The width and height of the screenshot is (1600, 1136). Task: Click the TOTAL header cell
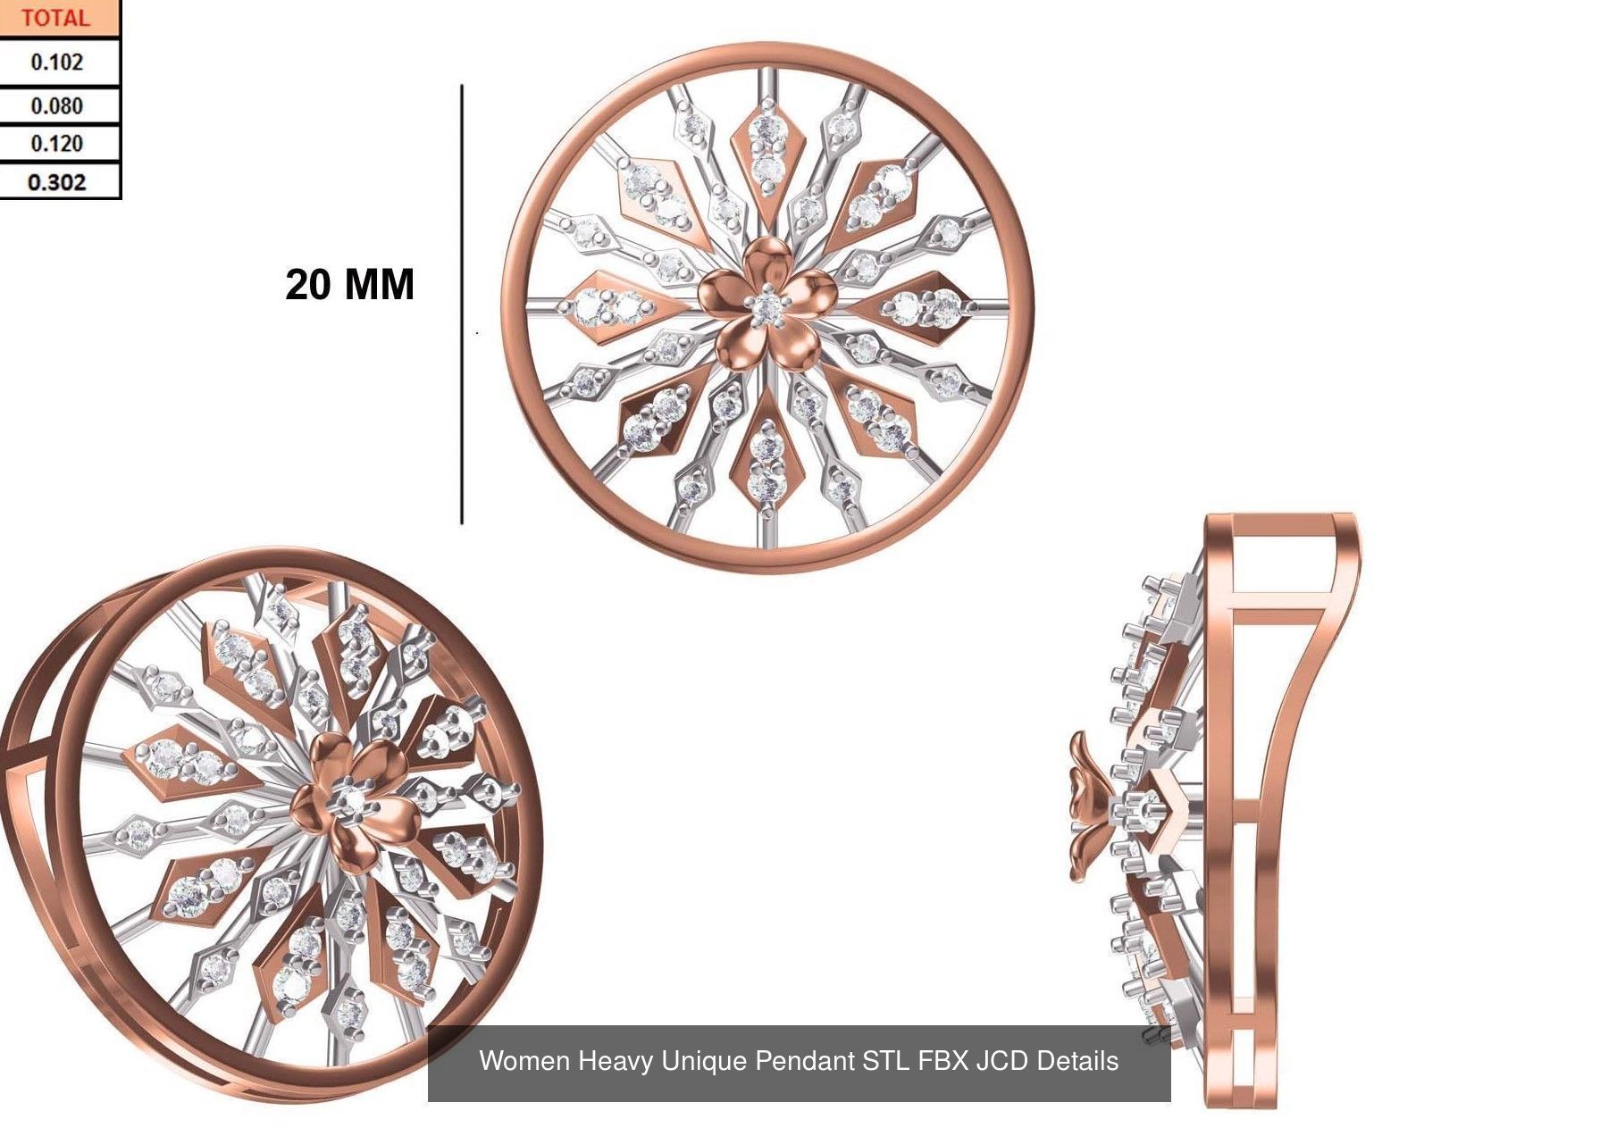click(x=55, y=18)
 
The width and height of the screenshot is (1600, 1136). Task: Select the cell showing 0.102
click(x=56, y=63)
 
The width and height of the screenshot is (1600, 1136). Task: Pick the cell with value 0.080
click(x=56, y=106)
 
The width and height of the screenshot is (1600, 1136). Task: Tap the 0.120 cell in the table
click(x=56, y=144)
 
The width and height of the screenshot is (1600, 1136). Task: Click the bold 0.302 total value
click(x=56, y=182)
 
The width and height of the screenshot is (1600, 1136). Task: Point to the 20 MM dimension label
click(x=349, y=285)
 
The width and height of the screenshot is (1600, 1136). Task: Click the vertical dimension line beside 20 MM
click(x=462, y=304)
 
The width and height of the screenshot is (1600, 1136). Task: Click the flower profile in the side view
click(x=1085, y=807)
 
